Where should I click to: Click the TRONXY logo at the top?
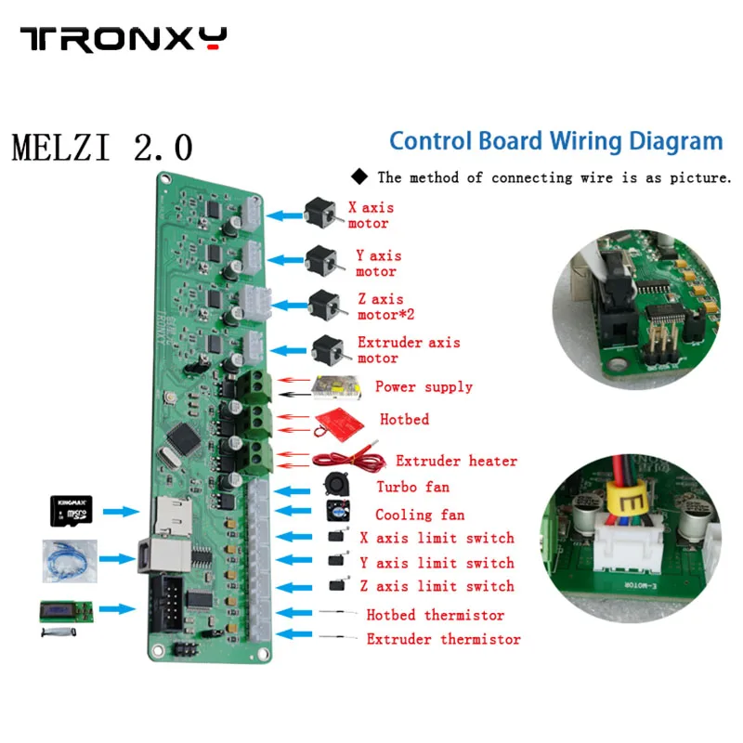(124, 39)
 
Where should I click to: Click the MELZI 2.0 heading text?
(102, 148)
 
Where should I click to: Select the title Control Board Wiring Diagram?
(555, 141)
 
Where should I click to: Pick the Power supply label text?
(424, 386)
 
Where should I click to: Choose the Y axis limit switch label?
(437, 563)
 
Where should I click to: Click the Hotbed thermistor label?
(435, 615)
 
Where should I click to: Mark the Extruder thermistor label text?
(443, 639)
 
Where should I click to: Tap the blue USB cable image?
(70, 559)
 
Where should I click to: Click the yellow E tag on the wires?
(631, 505)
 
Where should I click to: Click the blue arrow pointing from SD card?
(121, 512)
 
